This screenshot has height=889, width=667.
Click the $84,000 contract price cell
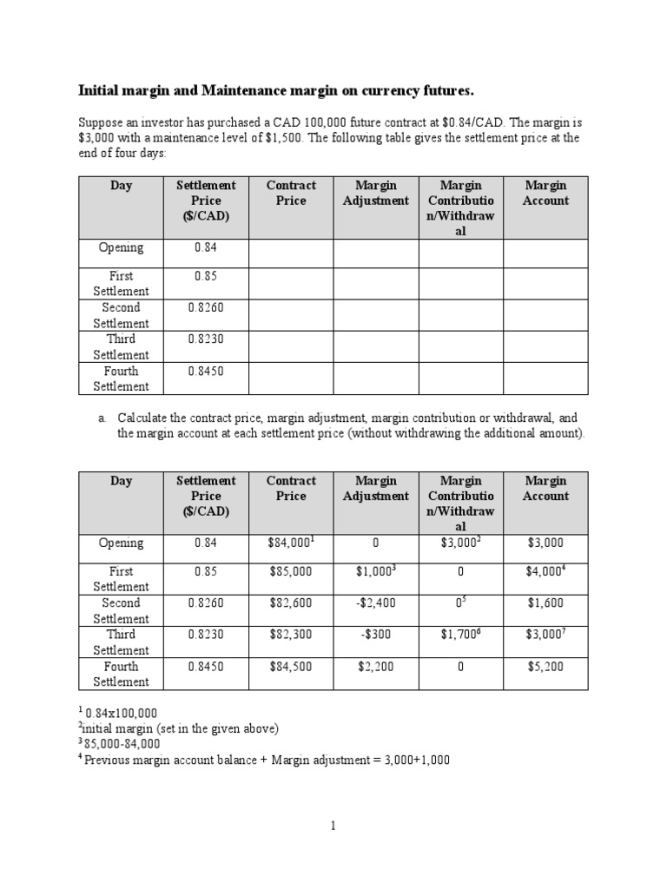pyautogui.click(x=289, y=543)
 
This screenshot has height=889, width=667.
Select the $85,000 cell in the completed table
pyautogui.click(x=291, y=572)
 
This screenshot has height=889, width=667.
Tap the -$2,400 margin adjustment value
pyautogui.click(x=376, y=603)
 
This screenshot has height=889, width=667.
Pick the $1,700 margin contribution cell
pyautogui.click(x=459, y=635)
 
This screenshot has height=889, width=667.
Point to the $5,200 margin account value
pyautogui.click(x=545, y=667)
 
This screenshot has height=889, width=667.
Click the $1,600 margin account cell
pyautogui.click(x=545, y=603)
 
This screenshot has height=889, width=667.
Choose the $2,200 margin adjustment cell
pyautogui.click(x=376, y=667)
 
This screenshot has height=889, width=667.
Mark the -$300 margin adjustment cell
pyautogui.click(x=376, y=635)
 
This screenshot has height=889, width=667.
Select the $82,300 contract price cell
pyautogui.click(x=291, y=635)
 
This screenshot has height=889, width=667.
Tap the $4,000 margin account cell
pyautogui.click(x=545, y=572)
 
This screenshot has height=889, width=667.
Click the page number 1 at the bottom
pyautogui.click(x=333, y=826)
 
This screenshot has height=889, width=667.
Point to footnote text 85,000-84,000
pyautogui.click(x=122, y=744)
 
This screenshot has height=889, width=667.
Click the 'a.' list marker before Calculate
pyautogui.click(x=102, y=418)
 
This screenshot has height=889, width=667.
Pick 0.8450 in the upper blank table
pyautogui.click(x=206, y=371)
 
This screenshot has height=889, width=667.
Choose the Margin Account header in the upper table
pyautogui.click(x=545, y=193)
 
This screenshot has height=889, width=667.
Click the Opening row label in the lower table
pyautogui.click(x=122, y=543)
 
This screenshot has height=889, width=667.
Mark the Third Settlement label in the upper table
pyautogui.click(x=122, y=346)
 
